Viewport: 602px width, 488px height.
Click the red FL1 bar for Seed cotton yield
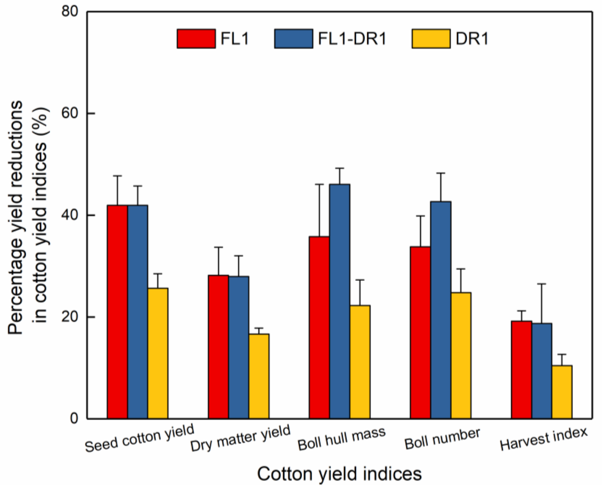[118, 312]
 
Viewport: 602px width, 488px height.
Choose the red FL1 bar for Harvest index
[521, 370]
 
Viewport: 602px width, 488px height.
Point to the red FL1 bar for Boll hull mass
[319, 328]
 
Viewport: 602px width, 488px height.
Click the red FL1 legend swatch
[196, 39]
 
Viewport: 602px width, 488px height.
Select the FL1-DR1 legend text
[352, 39]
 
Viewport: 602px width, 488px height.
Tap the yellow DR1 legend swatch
[431, 39]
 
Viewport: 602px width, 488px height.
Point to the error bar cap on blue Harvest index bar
[541, 284]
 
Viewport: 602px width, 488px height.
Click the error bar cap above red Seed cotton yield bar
[118, 176]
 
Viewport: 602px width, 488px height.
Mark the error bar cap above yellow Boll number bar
[461, 269]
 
